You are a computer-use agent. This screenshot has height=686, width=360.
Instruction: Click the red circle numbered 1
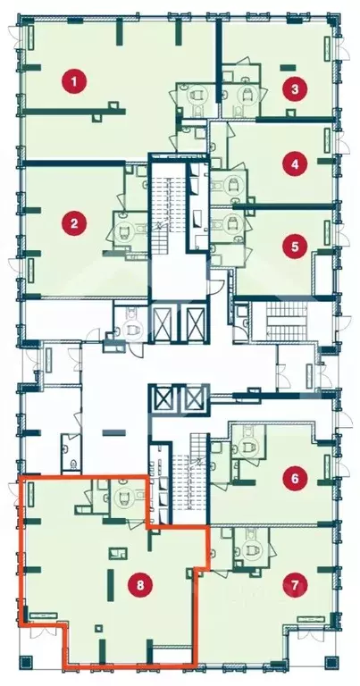pos(74,81)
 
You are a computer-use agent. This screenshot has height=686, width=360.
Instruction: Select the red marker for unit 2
pos(74,223)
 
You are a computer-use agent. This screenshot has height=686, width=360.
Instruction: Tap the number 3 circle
pos(295,89)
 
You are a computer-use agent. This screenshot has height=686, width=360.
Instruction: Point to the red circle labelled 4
pos(295,164)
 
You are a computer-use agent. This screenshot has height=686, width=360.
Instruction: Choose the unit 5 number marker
pos(295,247)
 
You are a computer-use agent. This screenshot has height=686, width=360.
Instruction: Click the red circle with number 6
pos(295,478)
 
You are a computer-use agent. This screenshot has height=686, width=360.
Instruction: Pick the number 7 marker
pos(295,585)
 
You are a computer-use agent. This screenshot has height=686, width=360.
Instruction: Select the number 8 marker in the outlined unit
pos(140,585)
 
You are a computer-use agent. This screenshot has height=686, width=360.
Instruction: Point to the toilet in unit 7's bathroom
pos(251,550)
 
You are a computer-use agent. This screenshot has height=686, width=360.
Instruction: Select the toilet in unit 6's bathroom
pos(251,445)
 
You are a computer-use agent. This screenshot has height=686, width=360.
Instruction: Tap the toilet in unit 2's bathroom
pos(124,230)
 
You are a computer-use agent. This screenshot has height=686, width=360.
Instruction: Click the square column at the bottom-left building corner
pos(27,661)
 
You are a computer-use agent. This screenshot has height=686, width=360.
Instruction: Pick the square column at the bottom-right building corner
pos(331,662)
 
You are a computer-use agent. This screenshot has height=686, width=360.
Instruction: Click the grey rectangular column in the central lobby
pos(114,432)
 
